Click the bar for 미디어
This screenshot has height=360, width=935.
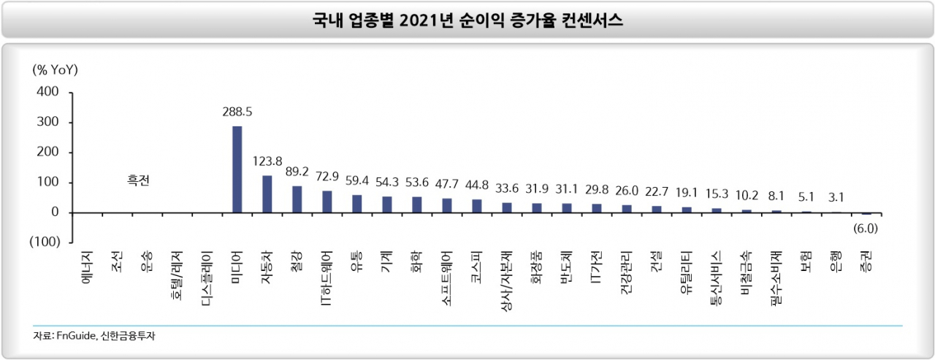point(237,169)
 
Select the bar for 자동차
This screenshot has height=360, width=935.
point(267,194)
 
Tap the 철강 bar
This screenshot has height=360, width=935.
point(297,199)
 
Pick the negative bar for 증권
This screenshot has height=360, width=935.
point(866,213)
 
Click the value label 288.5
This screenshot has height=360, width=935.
point(237,112)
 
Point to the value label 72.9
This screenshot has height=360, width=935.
point(327,177)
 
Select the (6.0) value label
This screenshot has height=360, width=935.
point(866,229)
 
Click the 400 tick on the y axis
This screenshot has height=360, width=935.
point(47,92)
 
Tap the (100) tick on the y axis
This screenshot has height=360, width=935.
point(45,242)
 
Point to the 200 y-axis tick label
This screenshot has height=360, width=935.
point(47,152)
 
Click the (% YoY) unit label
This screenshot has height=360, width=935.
point(55,69)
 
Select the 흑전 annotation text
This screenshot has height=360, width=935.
point(138,180)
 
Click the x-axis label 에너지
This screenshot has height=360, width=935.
point(87,268)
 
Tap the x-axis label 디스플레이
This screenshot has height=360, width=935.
point(207,279)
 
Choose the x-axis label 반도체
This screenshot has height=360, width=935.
point(566,268)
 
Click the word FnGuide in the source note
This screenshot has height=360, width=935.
point(76,336)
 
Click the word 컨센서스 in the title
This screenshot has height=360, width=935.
point(592,20)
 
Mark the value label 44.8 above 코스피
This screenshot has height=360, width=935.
point(477,185)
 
